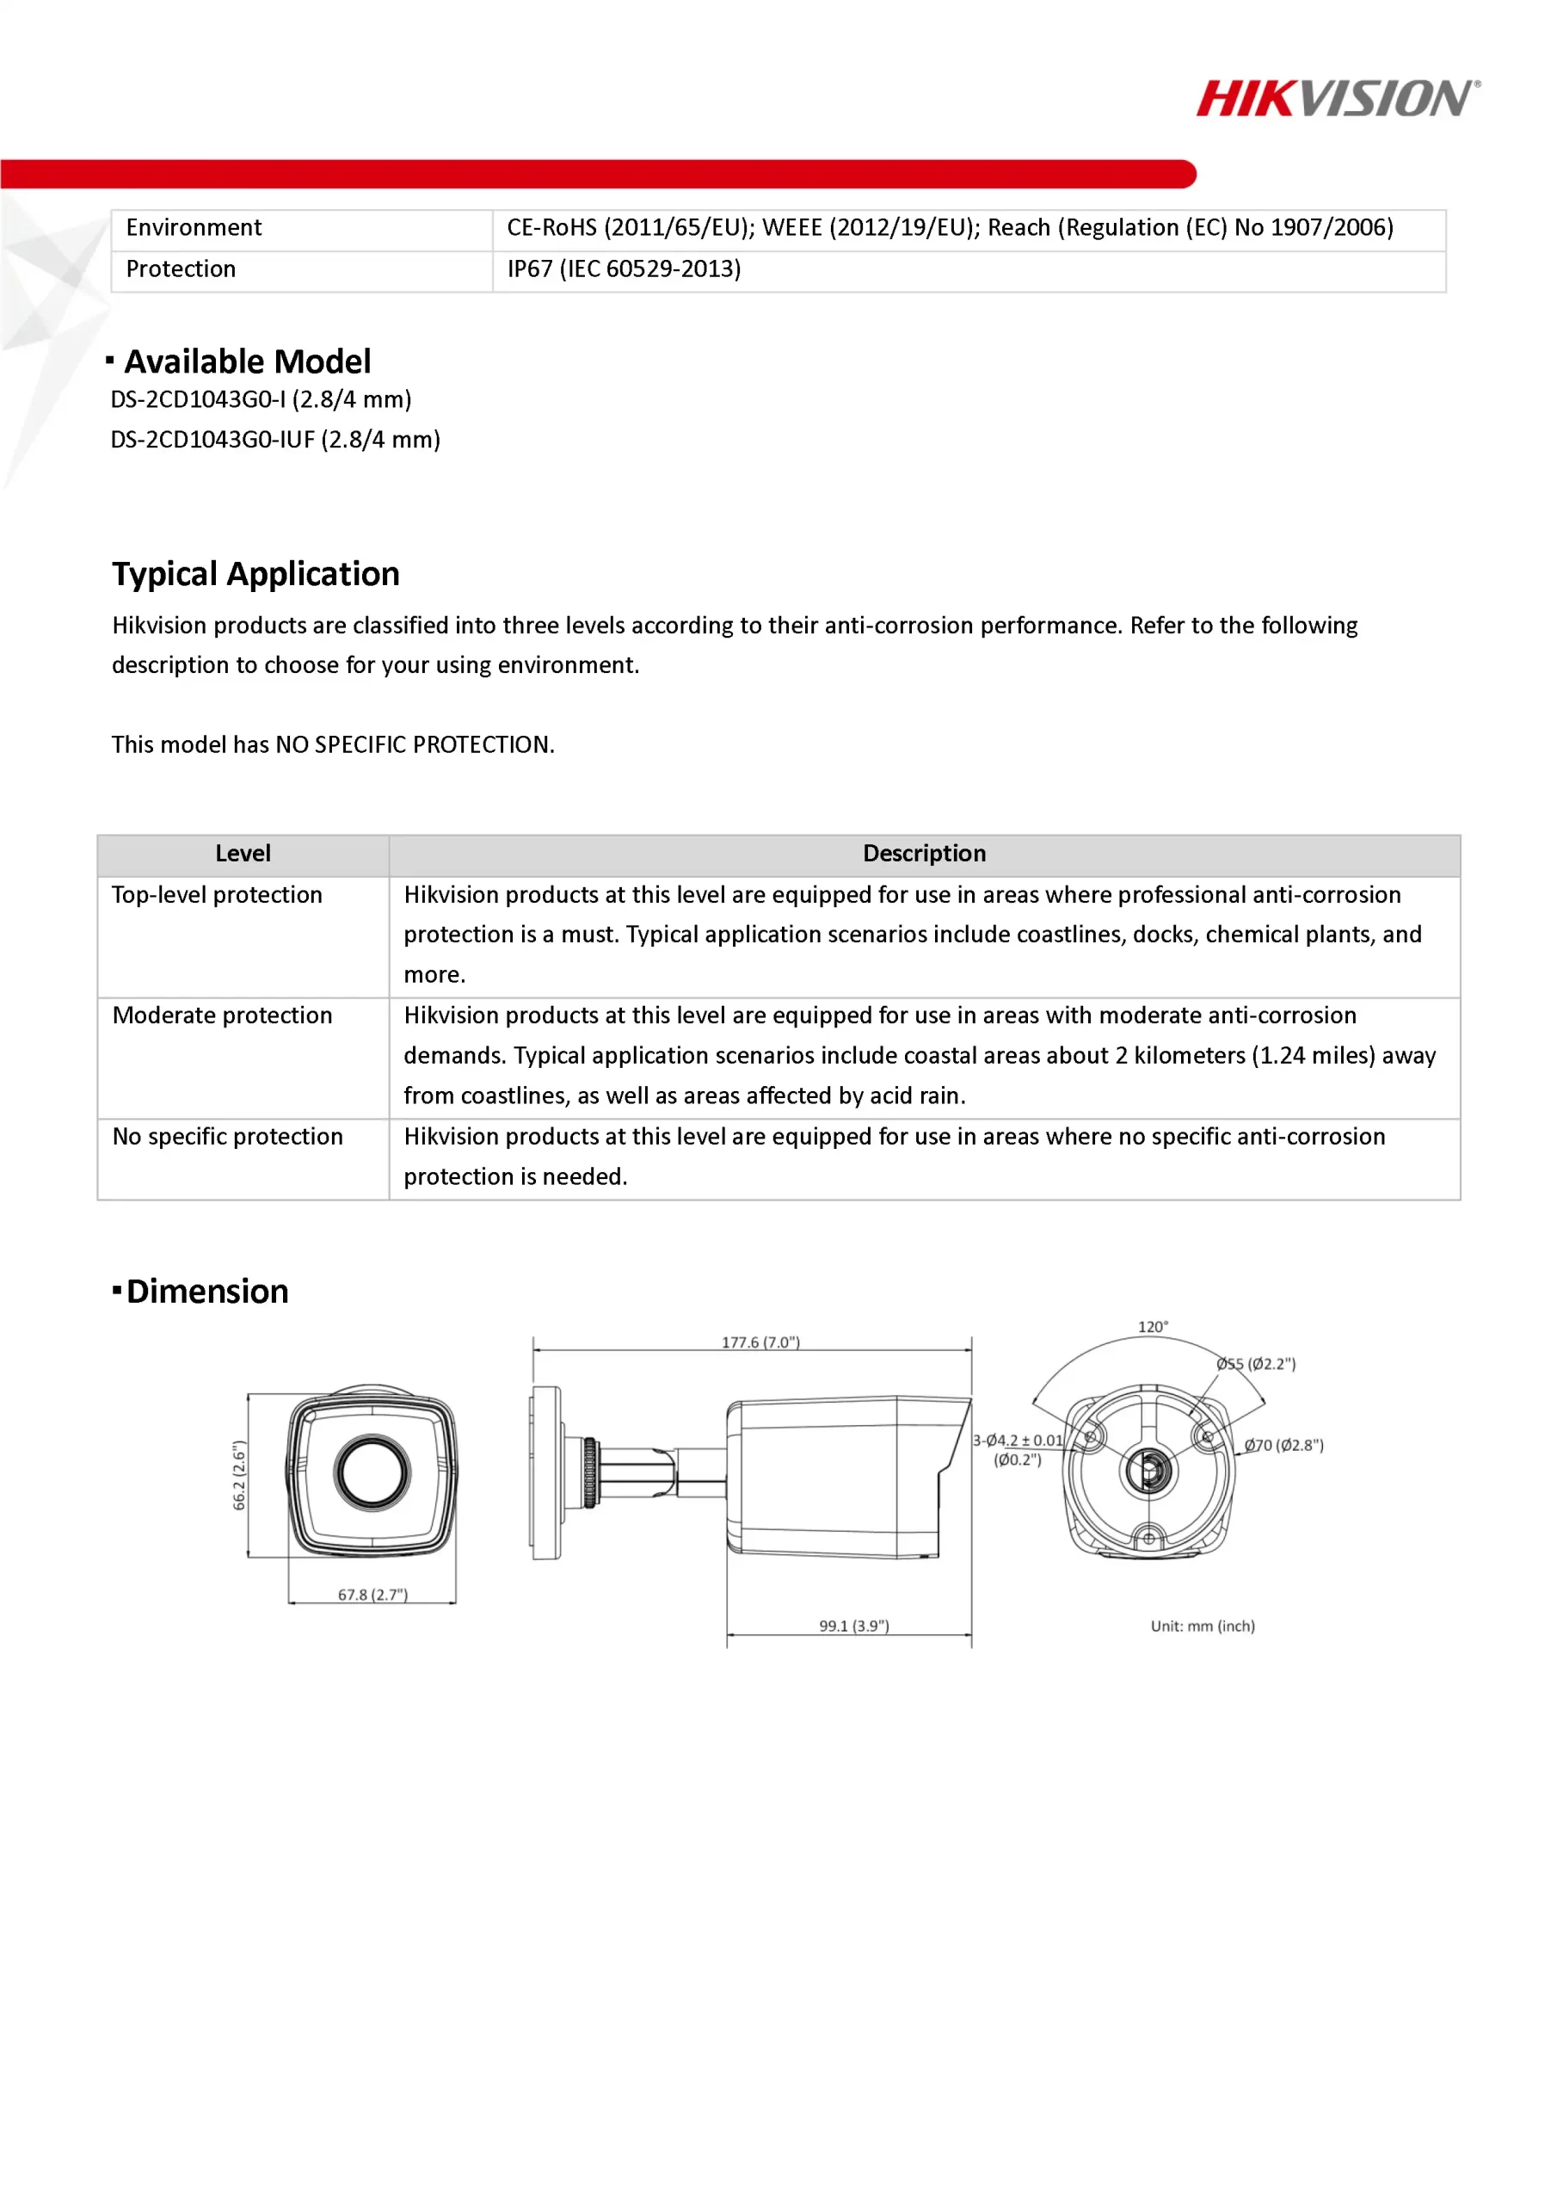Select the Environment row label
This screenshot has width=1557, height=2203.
[194, 228]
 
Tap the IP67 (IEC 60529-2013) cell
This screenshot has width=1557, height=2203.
[624, 269]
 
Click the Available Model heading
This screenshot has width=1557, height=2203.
[247, 361]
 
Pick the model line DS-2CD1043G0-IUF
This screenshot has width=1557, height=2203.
[275, 440]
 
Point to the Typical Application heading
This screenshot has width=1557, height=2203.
[255, 574]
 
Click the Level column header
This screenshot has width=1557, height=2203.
[243, 854]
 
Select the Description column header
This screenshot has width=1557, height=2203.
[924, 854]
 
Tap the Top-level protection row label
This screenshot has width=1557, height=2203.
[217, 895]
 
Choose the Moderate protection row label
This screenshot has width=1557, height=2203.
[223, 1016]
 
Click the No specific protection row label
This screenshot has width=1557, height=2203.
[227, 1137]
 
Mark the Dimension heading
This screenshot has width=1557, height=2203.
[206, 1292]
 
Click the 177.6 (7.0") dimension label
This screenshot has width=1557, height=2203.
[760, 1342]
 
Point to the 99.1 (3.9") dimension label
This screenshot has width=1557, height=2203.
[854, 1626]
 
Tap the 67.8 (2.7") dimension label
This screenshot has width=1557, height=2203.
[372, 1595]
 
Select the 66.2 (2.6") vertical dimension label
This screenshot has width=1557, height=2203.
[240, 1476]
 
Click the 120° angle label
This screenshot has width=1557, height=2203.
[1152, 1327]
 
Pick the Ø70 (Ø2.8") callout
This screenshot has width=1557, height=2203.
[1283, 1445]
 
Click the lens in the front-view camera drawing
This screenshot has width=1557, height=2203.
[372, 1472]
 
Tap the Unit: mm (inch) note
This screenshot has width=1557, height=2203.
[1202, 1626]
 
